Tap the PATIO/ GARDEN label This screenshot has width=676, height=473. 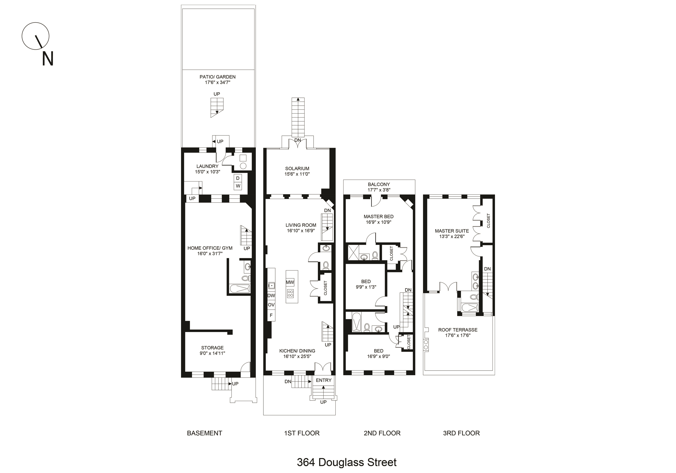point(218,77)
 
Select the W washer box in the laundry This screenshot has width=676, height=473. point(238,186)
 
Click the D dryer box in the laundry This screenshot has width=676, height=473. point(238,178)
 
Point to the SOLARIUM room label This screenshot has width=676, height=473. point(297,169)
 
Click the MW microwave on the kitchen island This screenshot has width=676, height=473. point(290,282)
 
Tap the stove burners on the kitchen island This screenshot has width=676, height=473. point(290,293)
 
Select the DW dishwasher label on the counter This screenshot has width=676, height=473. point(271,295)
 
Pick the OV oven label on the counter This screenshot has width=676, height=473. point(271,305)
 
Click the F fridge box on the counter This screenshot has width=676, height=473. point(271,315)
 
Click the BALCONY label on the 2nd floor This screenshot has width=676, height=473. point(379,184)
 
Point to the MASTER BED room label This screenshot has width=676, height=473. point(379,216)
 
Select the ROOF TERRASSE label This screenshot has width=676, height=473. point(458,330)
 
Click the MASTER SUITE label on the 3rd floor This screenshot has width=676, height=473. point(452,231)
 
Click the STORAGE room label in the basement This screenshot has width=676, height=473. point(212,348)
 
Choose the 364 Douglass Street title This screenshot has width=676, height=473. point(347,462)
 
